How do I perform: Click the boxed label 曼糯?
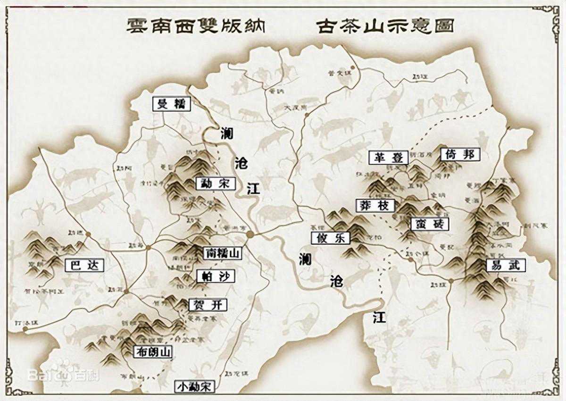172,104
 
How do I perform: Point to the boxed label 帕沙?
216,276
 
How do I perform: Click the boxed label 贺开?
208,305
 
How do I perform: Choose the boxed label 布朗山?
153,351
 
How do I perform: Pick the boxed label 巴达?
84,265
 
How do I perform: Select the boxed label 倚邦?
460,154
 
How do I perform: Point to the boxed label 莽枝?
375,205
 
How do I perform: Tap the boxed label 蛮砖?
430,224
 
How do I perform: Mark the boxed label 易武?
506,265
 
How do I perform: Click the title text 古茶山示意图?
385,26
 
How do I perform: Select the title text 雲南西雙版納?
196,26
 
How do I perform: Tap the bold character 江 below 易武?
379,317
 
